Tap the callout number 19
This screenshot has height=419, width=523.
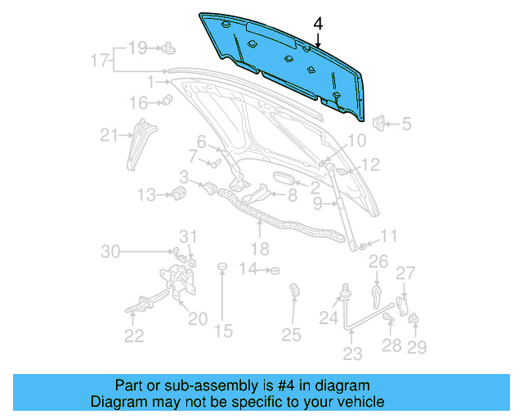[137, 47]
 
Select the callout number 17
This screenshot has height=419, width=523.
[99, 61]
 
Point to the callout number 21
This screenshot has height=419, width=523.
[110, 136]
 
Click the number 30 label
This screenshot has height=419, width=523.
[110, 251]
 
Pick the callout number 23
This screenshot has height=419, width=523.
[351, 354]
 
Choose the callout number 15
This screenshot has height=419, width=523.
[223, 331]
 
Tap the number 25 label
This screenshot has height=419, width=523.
[292, 334]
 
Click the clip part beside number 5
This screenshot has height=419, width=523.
[380, 124]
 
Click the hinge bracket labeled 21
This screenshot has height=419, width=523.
[139, 142]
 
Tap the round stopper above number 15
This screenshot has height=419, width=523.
[221, 268]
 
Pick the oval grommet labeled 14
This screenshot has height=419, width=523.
[275, 269]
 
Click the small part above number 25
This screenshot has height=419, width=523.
[294, 290]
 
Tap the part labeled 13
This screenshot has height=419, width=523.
[177, 194]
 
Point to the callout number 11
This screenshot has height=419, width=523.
[387, 237]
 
